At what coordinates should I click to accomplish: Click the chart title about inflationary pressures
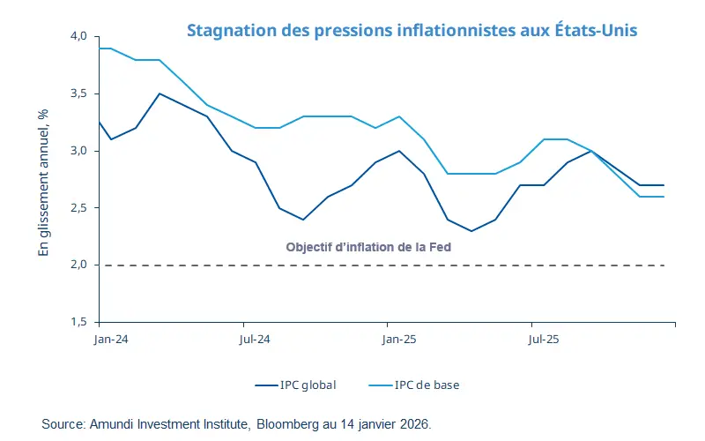coord(412,30)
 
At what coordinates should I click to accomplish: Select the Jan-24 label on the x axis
coord(110,338)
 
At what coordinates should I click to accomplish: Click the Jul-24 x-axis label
coord(254,338)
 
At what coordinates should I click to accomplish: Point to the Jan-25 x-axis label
coord(398,338)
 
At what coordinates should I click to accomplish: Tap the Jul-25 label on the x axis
coord(543,338)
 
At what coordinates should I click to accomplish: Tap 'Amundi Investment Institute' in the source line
coord(168,424)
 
